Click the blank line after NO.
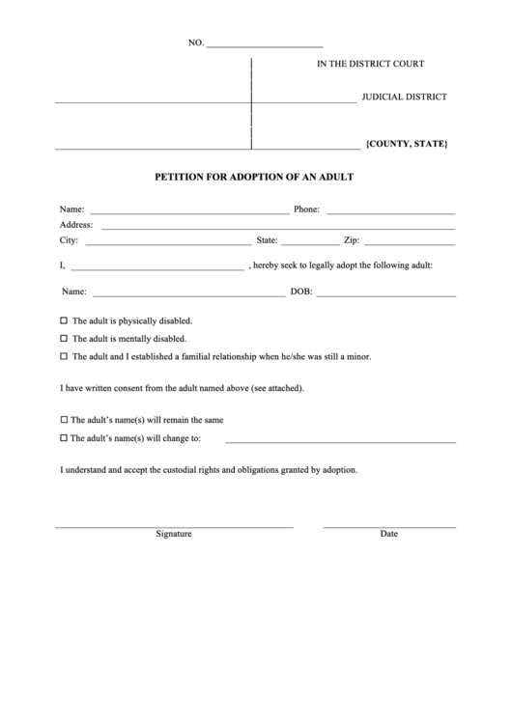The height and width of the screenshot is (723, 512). click(265, 46)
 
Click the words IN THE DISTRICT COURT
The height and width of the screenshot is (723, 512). click(371, 64)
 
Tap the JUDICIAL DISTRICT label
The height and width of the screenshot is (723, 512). click(404, 97)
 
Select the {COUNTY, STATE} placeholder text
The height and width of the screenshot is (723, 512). click(407, 144)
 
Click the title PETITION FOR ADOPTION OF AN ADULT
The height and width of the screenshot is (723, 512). click(255, 178)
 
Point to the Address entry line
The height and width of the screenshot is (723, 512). click(278, 229)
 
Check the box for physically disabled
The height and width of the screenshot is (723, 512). click(65, 320)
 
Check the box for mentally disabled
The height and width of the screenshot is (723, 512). click(65, 339)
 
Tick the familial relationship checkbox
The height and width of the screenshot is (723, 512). click(65, 356)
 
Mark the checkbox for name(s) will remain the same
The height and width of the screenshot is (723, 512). click(65, 421)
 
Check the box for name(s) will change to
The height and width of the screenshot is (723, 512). click(65, 438)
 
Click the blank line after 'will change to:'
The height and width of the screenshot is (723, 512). click(340, 441)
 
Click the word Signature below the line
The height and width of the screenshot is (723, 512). click(174, 534)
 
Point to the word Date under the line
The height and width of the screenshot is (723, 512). click(388, 534)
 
